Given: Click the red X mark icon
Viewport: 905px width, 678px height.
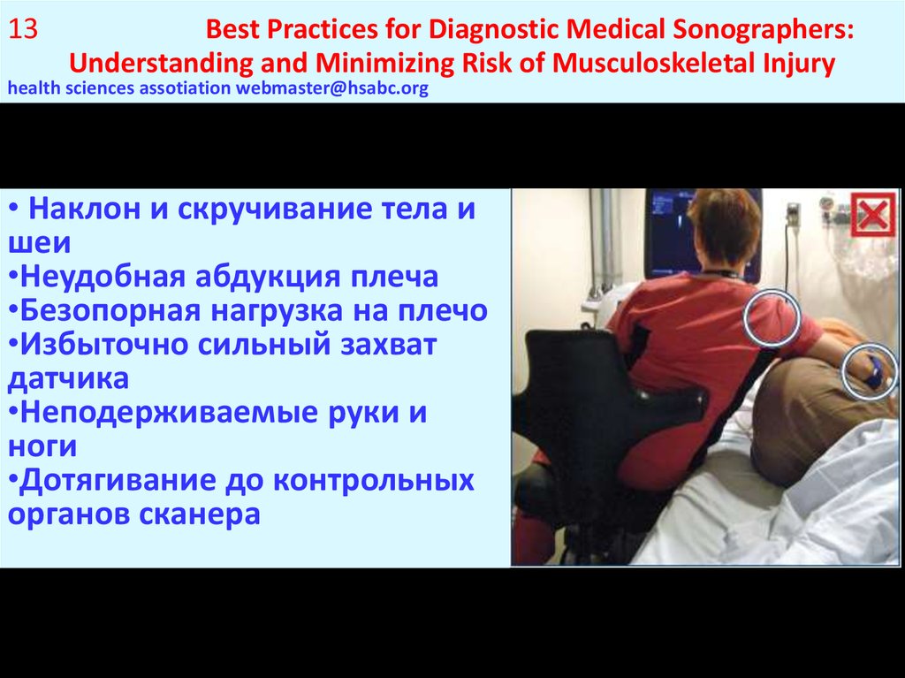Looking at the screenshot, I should (x=872, y=215).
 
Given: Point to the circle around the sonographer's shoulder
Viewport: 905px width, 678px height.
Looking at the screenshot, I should (x=772, y=316).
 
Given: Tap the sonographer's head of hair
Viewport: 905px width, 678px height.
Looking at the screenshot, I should (x=724, y=225).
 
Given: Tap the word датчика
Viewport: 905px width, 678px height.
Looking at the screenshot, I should (x=68, y=378).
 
